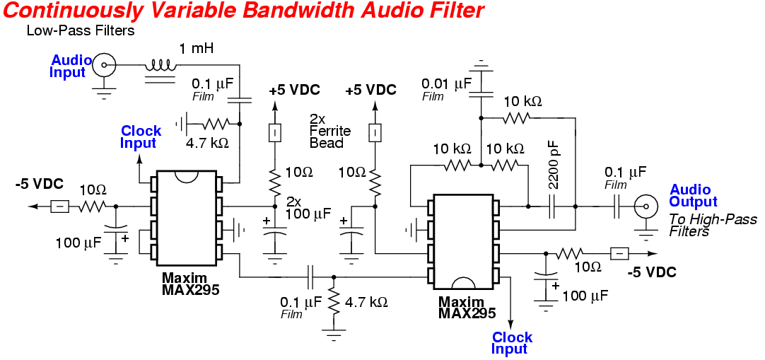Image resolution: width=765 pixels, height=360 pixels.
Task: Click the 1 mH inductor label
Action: pos(197,49)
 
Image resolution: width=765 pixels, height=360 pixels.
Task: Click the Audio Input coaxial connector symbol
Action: pos(105,66)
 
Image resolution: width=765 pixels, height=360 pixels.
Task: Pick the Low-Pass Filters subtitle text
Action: pos(80,31)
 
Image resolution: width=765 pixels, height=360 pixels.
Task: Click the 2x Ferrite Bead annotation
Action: pos(327,131)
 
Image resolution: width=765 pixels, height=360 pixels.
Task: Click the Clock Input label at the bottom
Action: pos(513,343)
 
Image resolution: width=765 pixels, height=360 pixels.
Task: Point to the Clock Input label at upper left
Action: pos(141,137)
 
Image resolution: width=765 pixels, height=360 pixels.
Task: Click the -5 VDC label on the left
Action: pos(40,185)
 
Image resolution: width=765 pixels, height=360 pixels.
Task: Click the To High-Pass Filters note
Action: pos(712,225)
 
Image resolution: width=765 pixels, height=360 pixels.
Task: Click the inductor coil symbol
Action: pos(162,66)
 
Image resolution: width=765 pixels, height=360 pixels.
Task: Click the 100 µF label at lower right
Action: pos(585,296)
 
